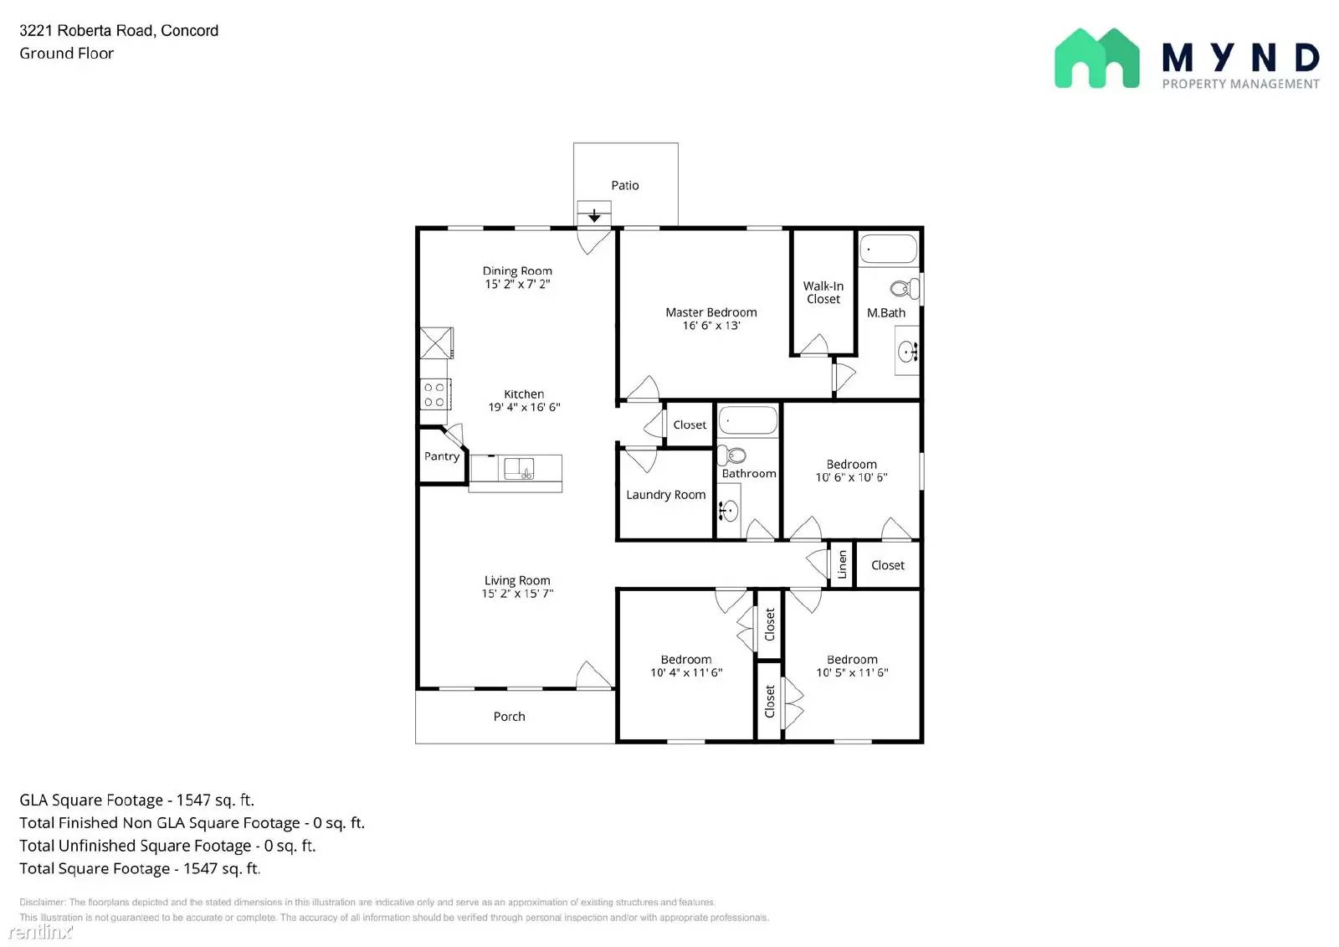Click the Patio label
(x=624, y=185)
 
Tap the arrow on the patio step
(x=593, y=215)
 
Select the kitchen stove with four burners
(x=435, y=394)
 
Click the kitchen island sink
(x=519, y=468)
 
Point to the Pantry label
(x=442, y=456)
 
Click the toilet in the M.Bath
(x=905, y=288)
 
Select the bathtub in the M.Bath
(x=888, y=249)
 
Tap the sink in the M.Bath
(x=907, y=351)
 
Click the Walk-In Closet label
(x=823, y=292)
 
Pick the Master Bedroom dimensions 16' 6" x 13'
(x=711, y=326)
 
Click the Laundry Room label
(x=666, y=495)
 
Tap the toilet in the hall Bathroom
(x=731, y=455)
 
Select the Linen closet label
(x=842, y=564)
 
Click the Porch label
(x=510, y=717)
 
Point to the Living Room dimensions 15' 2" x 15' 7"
(x=518, y=594)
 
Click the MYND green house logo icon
(x=1097, y=58)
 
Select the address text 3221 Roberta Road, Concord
(x=119, y=30)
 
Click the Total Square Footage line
(x=140, y=868)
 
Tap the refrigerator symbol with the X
(x=436, y=342)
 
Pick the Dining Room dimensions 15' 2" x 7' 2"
(x=518, y=284)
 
